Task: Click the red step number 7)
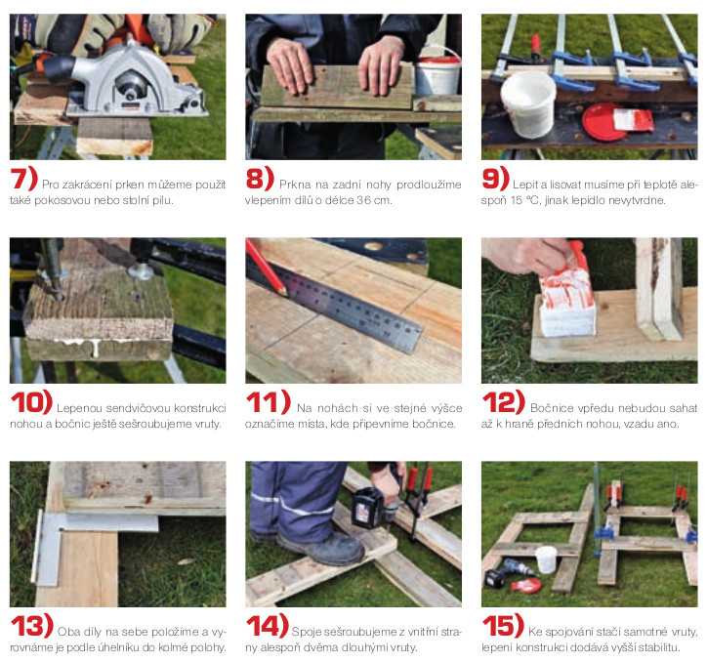[x=23, y=178]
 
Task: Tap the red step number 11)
[x=269, y=402]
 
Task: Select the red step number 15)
[x=503, y=626]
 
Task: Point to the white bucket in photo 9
[x=528, y=103]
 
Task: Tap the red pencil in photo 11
[x=266, y=267]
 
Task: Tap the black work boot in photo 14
[x=322, y=547]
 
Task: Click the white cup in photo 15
[x=546, y=559]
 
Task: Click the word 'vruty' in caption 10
[x=208, y=425]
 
